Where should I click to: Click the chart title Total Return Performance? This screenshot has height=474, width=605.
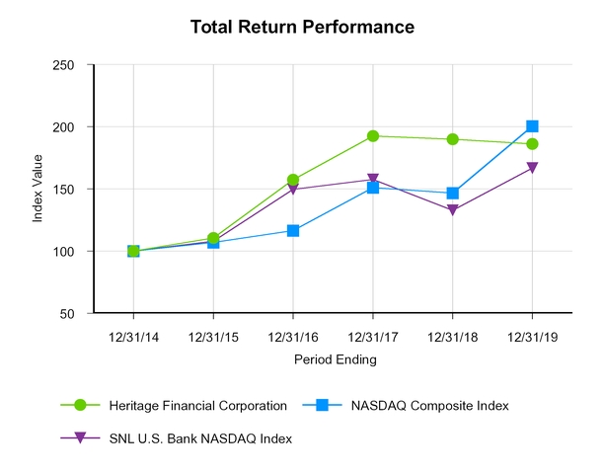click(x=302, y=28)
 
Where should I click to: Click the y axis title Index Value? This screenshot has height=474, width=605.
click(x=38, y=190)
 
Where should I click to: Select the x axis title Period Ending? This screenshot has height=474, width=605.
click(x=335, y=360)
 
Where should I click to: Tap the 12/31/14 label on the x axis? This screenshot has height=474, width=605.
click(x=133, y=336)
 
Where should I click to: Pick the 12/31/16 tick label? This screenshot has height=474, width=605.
click(x=293, y=336)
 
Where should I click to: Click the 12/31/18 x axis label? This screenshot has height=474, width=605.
click(x=453, y=336)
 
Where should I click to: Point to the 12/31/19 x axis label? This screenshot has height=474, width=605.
click(x=533, y=336)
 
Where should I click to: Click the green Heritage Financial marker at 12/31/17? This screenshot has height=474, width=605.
click(x=373, y=136)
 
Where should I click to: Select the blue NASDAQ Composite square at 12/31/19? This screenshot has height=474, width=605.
click(x=533, y=126)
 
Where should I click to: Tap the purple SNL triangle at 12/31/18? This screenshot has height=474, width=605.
click(x=453, y=210)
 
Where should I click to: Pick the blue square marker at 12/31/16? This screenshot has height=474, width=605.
click(x=293, y=231)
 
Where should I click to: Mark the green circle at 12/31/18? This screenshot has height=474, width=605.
click(x=453, y=139)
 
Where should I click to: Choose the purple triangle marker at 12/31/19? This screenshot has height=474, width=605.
click(x=533, y=168)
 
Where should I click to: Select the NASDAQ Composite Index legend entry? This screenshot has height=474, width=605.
click(x=436, y=405)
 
